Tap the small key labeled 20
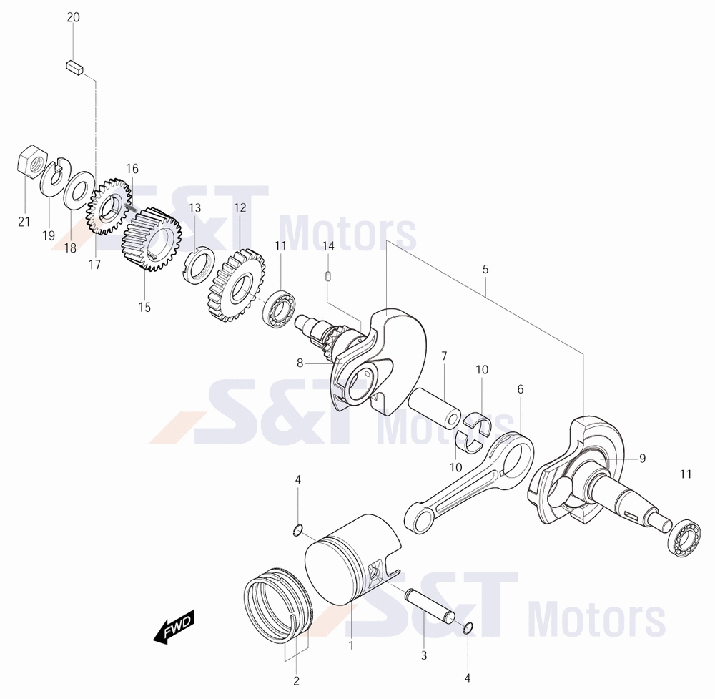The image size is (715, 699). (74, 67)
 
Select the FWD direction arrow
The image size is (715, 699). (174, 627)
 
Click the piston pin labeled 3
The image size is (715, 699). (429, 606)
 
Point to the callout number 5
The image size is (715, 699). (485, 270)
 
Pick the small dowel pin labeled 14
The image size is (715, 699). (328, 277)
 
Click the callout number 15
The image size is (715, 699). (144, 308)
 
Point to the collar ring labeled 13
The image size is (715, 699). (199, 265)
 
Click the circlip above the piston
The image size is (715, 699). (297, 530)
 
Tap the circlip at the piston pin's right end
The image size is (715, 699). (468, 629)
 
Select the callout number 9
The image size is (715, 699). (643, 458)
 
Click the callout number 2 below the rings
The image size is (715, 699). (297, 681)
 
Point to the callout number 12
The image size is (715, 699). (240, 208)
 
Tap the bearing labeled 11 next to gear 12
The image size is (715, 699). (279, 308)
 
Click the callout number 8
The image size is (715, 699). (300, 363)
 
